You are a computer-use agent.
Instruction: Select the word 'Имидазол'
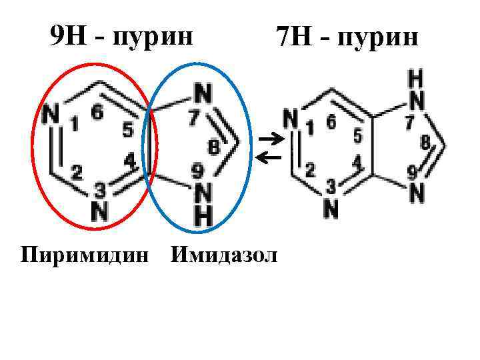[x=224, y=255]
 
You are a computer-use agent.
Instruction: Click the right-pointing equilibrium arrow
[x=269, y=139]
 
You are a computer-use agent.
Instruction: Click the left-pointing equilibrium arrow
[x=269, y=158]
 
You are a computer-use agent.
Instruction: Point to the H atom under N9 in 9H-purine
[x=203, y=215]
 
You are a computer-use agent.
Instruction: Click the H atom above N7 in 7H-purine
[x=415, y=79]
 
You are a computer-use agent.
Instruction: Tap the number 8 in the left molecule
[x=213, y=147]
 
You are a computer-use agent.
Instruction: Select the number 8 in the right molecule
[x=425, y=141]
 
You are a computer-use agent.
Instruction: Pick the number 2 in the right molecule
[x=309, y=169]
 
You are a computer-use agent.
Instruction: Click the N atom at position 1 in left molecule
[x=50, y=115]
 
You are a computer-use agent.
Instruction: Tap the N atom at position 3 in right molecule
[x=331, y=209]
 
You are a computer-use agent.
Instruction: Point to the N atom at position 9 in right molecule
[x=417, y=193]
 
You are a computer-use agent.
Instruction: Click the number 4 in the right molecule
[x=357, y=161]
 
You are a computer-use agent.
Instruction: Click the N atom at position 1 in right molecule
[x=291, y=119]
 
